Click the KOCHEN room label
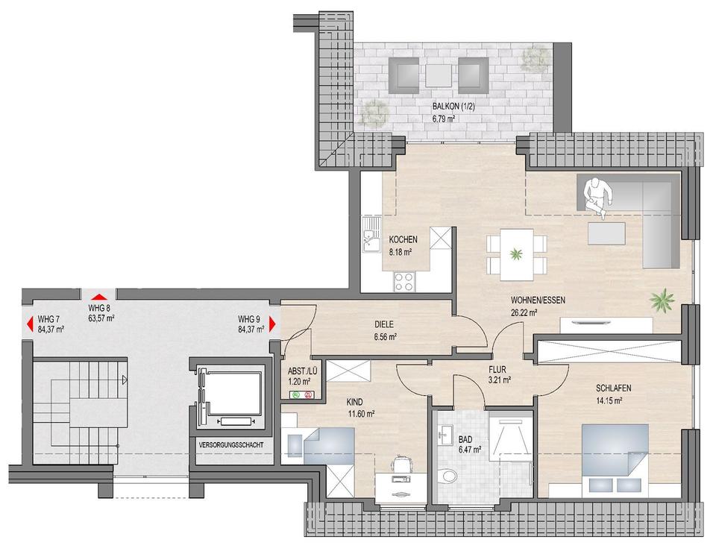pos(403,239)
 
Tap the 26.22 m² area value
pos(524,312)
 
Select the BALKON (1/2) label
pos(448,107)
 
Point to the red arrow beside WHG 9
pos(273,324)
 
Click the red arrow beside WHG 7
pos(30,324)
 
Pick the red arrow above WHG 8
pos(100,295)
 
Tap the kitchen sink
pos(371,234)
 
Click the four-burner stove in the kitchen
pos(403,281)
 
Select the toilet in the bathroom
pos(447,477)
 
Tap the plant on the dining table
pos(516,254)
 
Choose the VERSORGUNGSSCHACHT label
pos(231,444)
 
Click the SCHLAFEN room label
pos(613,388)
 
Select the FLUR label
pos(497,370)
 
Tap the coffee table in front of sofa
pos(606,233)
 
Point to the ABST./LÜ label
pos(302,371)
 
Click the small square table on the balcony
pos(439,75)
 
